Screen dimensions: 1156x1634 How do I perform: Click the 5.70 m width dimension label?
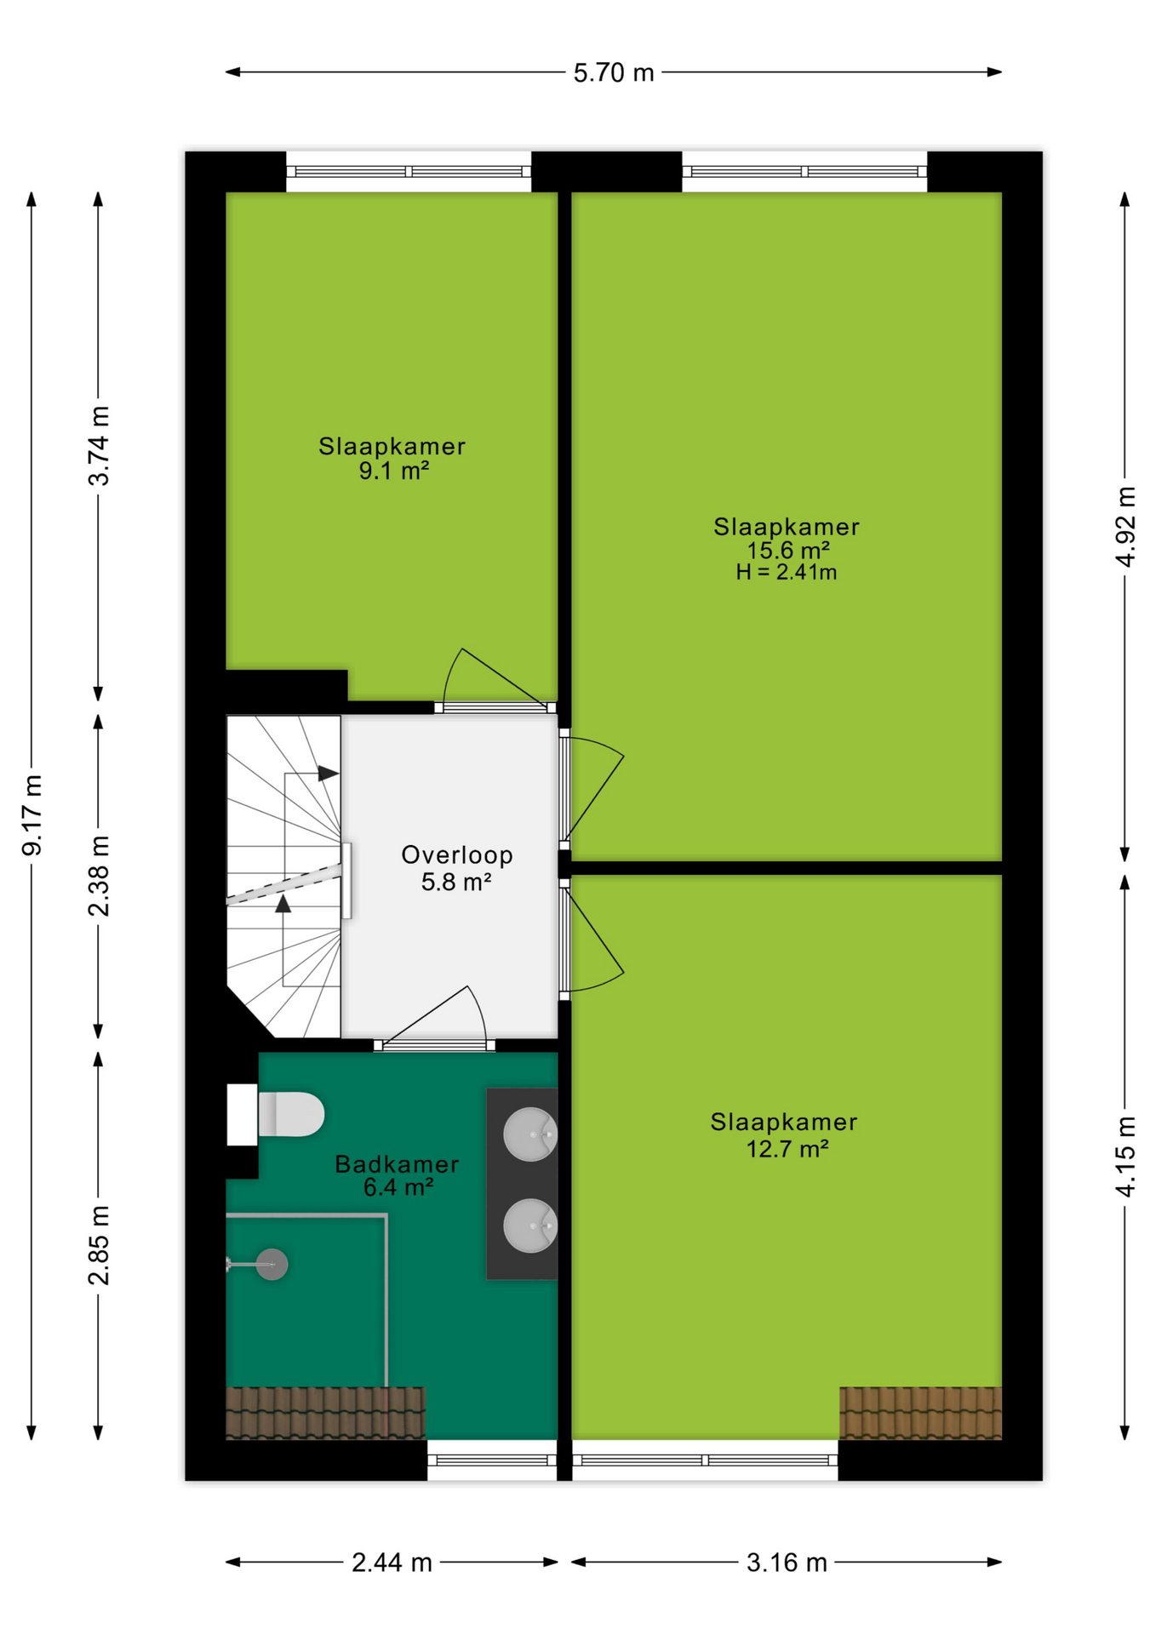pyautogui.click(x=613, y=73)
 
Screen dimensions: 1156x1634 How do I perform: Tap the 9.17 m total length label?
pyautogui.click(x=32, y=814)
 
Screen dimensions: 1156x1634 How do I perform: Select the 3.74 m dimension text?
pyautogui.click(x=100, y=446)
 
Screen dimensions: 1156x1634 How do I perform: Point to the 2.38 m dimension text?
pyautogui.click(x=100, y=876)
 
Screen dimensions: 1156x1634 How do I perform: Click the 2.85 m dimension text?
pyautogui.click(x=100, y=1245)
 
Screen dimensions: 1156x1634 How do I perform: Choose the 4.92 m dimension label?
pyautogui.click(x=1126, y=527)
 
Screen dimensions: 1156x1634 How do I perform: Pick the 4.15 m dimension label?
pyautogui.click(x=1126, y=1157)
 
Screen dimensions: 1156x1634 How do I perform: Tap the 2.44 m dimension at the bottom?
pyautogui.click(x=392, y=1563)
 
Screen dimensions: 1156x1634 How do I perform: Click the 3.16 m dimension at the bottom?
pyautogui.click(x=787, y=1563)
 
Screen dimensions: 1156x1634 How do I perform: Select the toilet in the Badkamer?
pyautogui.click(x=276, y=1114)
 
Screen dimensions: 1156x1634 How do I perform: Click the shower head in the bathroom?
pyautogui.click(x=272, y=1265)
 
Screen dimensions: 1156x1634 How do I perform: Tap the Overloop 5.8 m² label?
pyautogui.click(x=457, y=868)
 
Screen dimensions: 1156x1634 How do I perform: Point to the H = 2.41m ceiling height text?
pyautogui.click(x=787, y=573)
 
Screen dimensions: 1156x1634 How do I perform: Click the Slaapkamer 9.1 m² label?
pyautogui.click(x=392, y=458)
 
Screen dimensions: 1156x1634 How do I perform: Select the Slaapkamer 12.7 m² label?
pyautogui.click(x=784, y=1135)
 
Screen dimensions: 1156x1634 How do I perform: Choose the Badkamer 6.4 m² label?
pyautogui.click(x=397, y=1175)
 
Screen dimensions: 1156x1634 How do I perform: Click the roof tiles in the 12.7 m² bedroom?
pyautogui.click(x=920, y=1413)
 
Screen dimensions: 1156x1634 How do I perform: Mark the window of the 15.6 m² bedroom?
pyautogui.click(x=804, y=172)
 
